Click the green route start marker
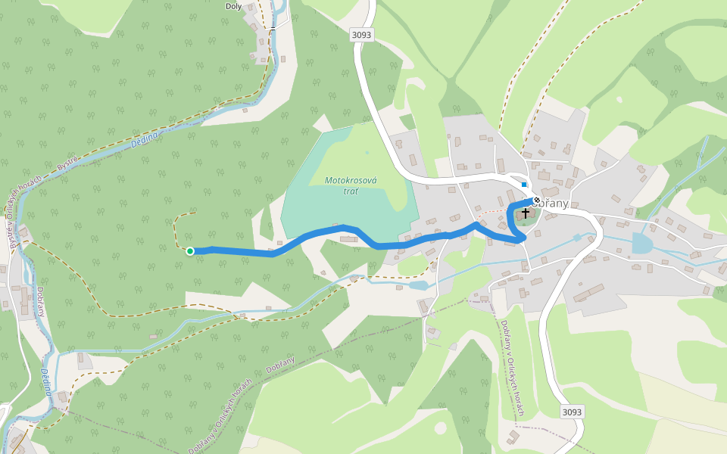coord(190,251)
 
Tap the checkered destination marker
coord(537,200)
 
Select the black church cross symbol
coord(526,214)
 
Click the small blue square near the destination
coord(524,185)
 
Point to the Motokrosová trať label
coord(351,185)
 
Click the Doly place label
coord(234,6)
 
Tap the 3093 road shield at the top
coord(361,35)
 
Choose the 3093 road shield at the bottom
coord(573,412)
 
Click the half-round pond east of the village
coord(641,243)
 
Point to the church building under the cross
coord(525,217)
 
